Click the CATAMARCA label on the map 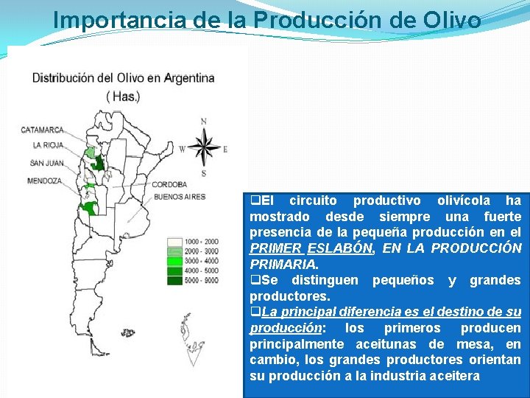[43, 130]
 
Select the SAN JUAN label [47, 162]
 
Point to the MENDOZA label [44, 181]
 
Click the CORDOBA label [170, 184]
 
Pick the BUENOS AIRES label [180, 197]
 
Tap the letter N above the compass [203, 121]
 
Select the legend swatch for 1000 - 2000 [174, 241]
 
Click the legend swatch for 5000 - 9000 [174, 279]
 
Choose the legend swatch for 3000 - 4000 [174, 260]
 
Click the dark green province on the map [97, 163]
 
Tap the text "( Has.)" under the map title [123, 96]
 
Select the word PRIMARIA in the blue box [284, 264]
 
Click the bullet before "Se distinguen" [255, 280]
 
